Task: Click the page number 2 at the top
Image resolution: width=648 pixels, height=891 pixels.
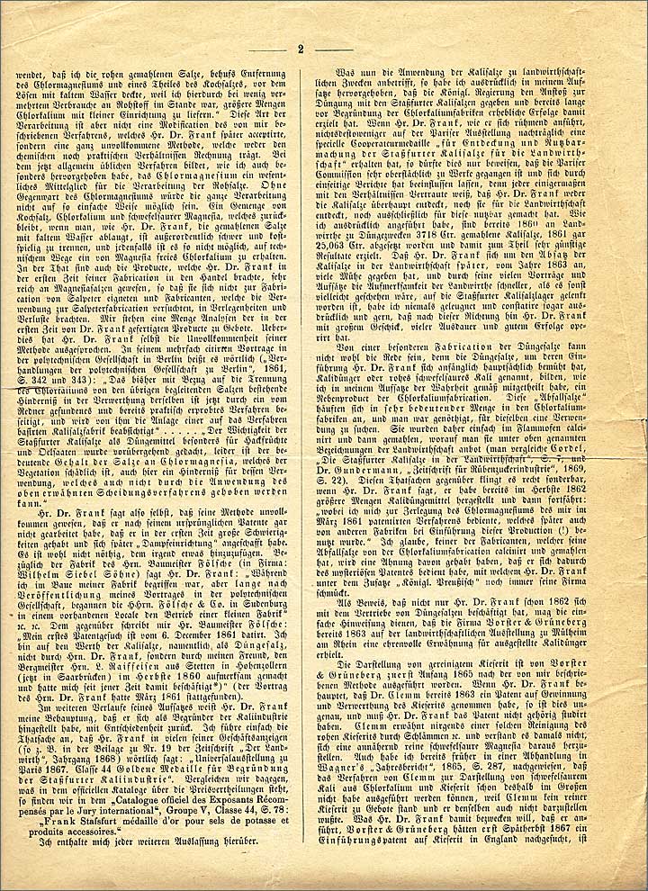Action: tap(300, 49)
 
